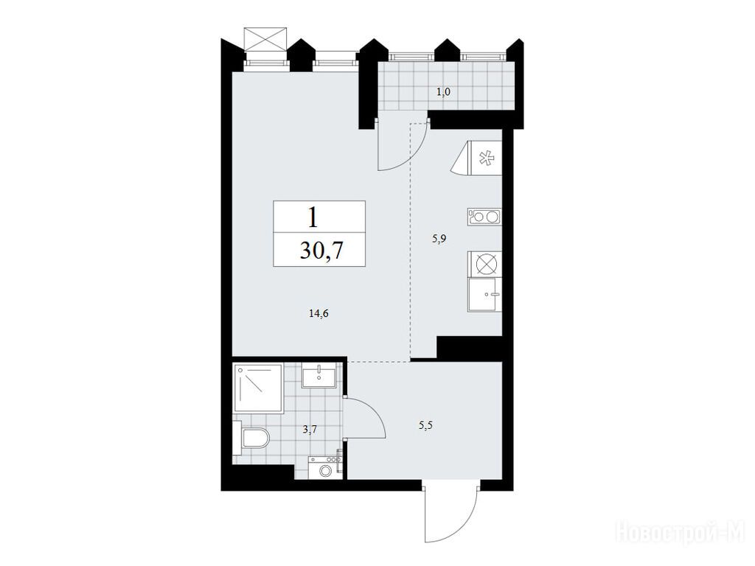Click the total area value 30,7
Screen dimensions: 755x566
[321, 250]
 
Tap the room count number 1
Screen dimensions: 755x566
[313, 217]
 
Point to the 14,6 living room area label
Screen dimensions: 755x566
[319, 314]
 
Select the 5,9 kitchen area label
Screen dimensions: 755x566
[439, 239]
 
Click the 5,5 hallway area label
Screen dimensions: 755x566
[426, 425]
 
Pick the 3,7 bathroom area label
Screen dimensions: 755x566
[310, 430]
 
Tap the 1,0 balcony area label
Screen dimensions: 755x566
[443, 91]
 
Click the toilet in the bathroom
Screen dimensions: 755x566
[251, 438]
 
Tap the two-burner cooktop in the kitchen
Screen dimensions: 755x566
[484, 217]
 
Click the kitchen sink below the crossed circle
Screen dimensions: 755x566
[484, 296]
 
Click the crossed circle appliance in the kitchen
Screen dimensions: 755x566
[484, 265]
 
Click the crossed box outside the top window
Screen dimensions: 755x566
[265, 39]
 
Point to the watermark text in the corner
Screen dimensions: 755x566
[681, 532]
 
